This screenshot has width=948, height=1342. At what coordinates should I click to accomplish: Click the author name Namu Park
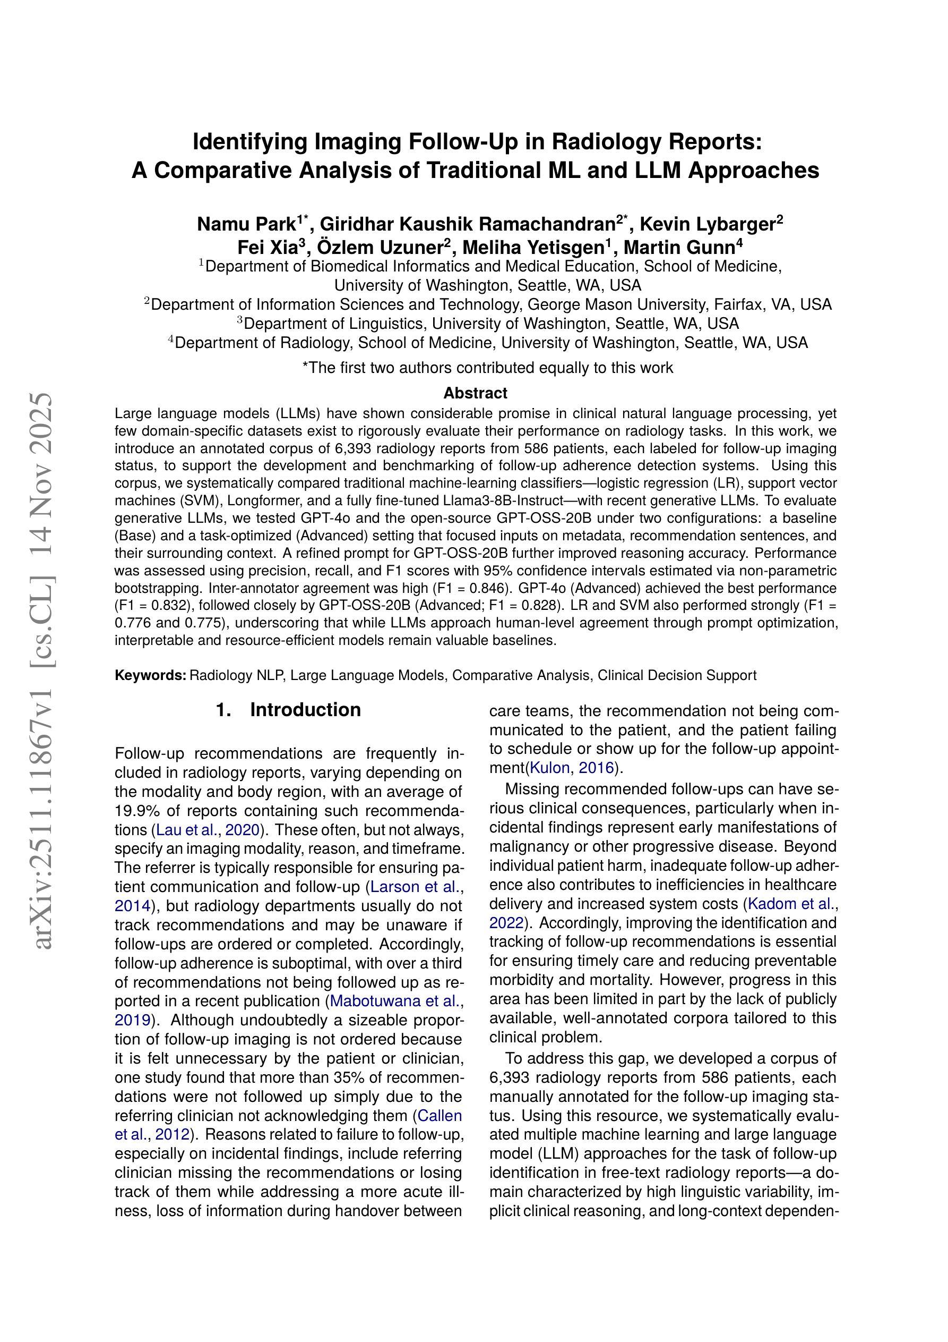(246, 224)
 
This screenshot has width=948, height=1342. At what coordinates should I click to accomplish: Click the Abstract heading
(475, 393)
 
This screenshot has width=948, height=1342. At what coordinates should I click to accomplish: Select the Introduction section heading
(305, 710)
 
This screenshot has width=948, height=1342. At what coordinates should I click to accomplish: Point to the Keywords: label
(150, 676)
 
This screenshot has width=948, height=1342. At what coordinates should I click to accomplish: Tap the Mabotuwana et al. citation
(395, 1001)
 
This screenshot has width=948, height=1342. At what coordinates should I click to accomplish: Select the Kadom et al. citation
(792, 904)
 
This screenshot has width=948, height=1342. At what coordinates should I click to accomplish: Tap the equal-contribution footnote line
(487, 368)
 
